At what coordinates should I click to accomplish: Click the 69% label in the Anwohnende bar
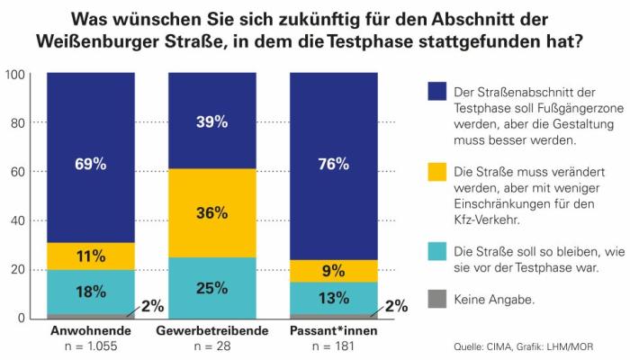click(x=91, y=164)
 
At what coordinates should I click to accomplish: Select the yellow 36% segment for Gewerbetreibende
click(x=212, y=213)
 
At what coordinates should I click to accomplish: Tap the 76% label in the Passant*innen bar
click(x=333, y=164)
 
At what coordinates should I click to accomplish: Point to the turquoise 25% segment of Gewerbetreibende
click(x=212, y=288)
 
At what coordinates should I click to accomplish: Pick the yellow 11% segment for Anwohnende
click(x=91, y=256)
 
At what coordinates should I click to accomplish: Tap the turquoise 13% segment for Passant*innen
click(x=333, y=298)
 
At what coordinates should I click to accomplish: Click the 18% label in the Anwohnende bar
click(x=91, y=292)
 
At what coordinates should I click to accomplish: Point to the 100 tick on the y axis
click(x=16, y=74)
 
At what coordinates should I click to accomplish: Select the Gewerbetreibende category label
click(x=212, y=331)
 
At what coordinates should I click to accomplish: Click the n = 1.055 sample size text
click(x=91, y=346)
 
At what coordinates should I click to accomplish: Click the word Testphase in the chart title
click(x=429, y=41)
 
